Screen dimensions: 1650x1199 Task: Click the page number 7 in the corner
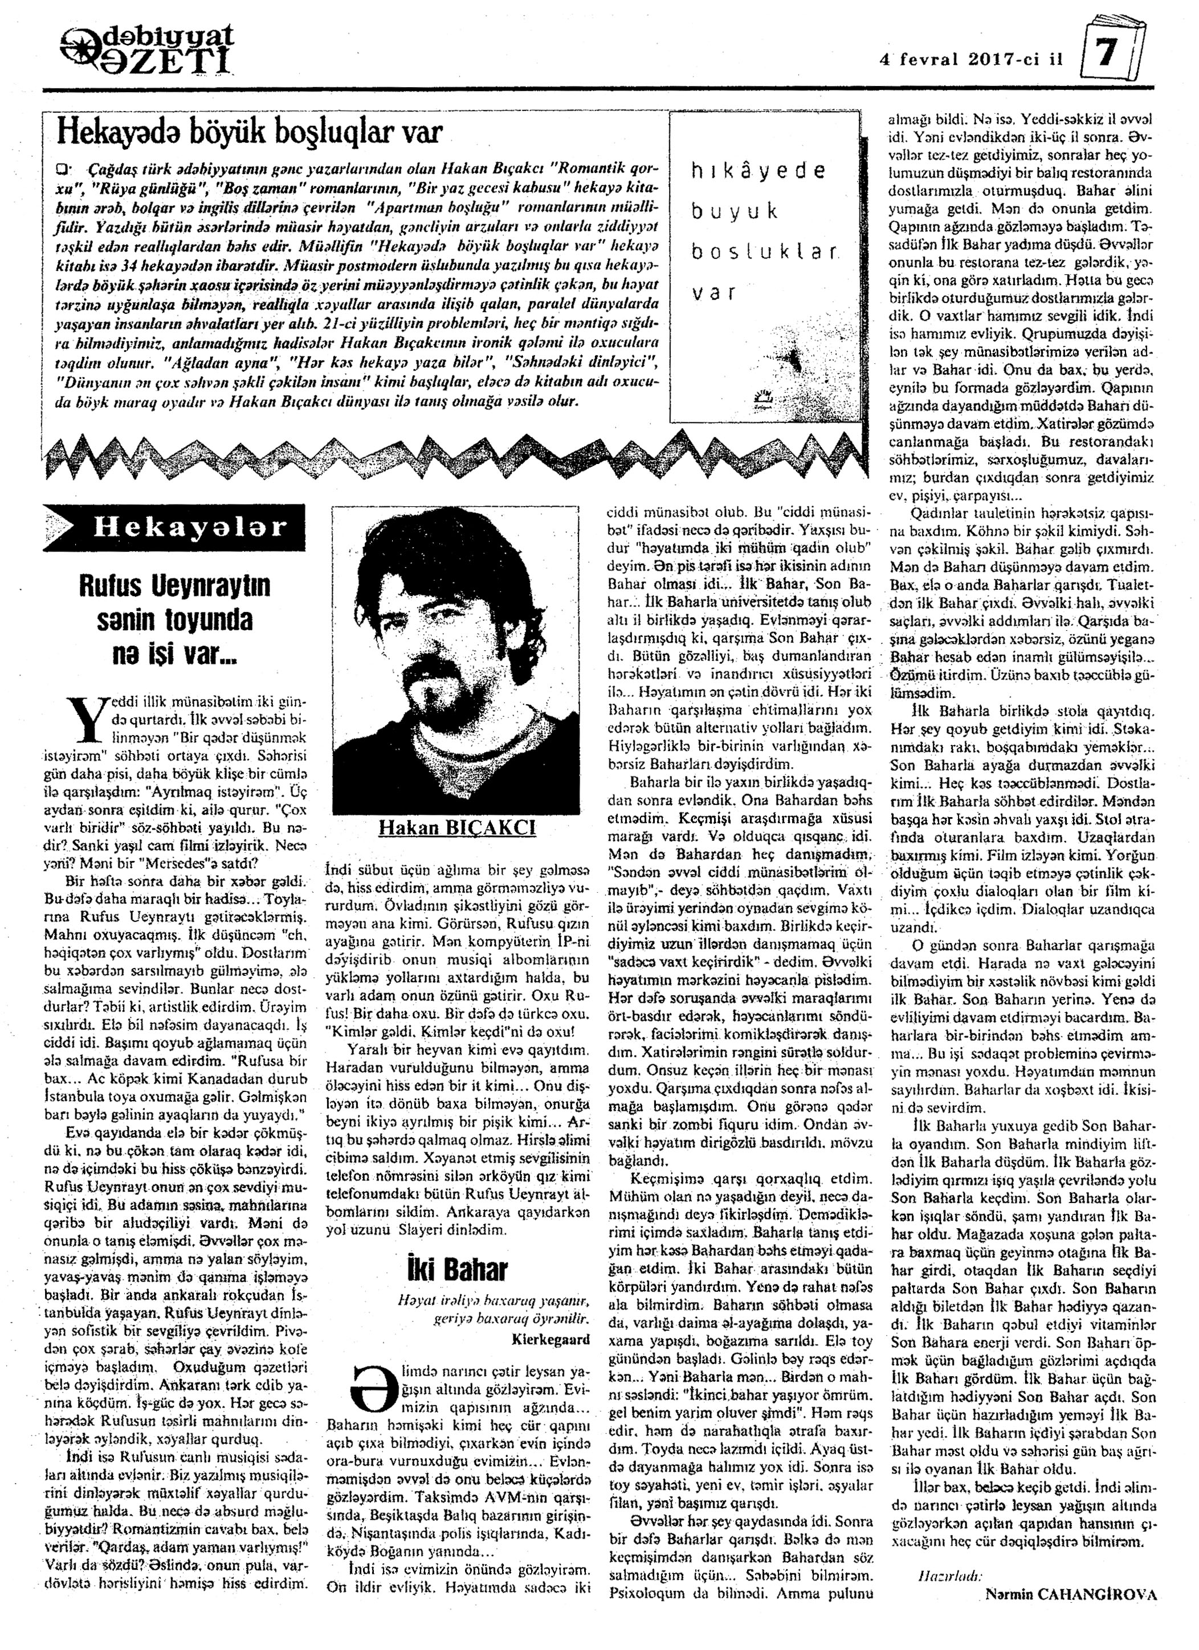click(1112, 54)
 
